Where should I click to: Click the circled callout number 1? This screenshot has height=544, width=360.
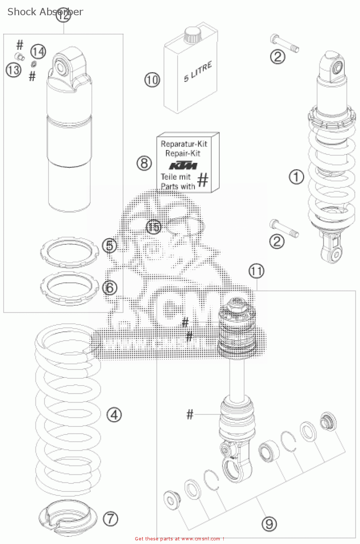(296, 177)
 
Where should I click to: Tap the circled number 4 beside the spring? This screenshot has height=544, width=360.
(114, 415)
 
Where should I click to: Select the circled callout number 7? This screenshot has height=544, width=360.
(111, 519)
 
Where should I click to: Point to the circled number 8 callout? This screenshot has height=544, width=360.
(144, 163)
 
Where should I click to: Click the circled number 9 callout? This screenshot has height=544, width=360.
(269, 524)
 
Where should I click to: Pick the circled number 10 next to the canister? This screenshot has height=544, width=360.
(152, 80)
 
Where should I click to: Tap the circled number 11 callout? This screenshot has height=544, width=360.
(256, 271)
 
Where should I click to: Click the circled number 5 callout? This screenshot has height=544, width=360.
(109, 246)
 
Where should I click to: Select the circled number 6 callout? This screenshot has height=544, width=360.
(109, 288)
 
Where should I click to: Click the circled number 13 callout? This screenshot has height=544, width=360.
(13, 69)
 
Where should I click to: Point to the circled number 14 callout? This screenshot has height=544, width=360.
(38, 51)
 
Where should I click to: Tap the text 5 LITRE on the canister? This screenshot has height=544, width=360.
(198, 72)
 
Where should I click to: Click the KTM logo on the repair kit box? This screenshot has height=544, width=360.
(183, 166)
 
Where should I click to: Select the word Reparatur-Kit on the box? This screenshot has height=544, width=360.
(184, 144)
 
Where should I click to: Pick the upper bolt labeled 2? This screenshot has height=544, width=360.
(284, 43)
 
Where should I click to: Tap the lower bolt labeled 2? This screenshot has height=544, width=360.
(284, 228)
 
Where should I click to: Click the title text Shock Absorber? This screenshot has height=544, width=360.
(45, 12)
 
